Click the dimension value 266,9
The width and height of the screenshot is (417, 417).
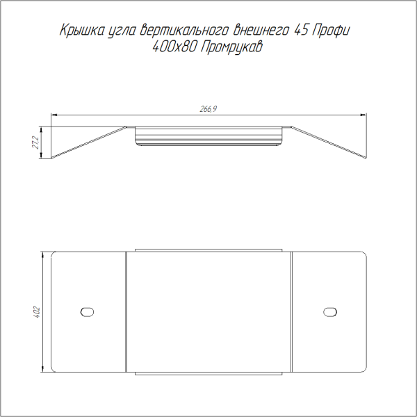[208, 109]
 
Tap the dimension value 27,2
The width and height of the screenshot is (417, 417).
[35, 142]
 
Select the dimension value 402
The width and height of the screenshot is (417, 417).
[36, 312]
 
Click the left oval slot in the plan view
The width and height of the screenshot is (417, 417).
[87, 312]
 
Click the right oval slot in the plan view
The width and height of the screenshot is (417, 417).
[330, 312]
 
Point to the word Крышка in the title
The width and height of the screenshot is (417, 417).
[82, 31]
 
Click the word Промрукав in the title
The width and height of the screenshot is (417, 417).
[231, 47]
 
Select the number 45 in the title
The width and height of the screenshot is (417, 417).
[301, 30]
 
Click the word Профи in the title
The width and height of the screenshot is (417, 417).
[331, 31]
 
